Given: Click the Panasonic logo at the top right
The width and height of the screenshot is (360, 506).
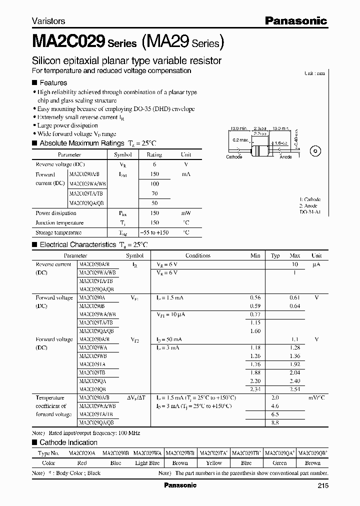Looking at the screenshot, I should (x=295, y=20).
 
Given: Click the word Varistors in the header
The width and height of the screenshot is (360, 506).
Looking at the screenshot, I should (x=48, y=21).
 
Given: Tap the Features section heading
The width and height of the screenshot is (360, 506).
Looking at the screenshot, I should (x=53, y=82).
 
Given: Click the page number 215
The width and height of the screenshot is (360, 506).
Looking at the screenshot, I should (x=322, y=485).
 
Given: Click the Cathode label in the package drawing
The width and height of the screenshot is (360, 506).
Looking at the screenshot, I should (x=234, y=157).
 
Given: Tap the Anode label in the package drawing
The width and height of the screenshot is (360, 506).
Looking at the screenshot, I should (x=285, y=157).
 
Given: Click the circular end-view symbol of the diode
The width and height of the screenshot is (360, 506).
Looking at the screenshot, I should (x=315, y=151).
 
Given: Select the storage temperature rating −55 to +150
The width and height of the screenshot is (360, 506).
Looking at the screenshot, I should (x=154, y=232).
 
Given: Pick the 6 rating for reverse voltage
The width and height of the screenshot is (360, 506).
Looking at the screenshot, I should (x=154, y=164).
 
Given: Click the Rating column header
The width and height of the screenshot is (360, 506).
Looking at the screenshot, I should (x=154, y=155).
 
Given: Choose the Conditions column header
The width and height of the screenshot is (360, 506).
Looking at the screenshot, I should (x=197, y=255).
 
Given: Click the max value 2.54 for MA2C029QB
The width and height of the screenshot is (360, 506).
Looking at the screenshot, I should (x=294, y=389).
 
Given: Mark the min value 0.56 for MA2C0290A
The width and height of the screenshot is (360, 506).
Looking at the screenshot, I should (x=255, y=297).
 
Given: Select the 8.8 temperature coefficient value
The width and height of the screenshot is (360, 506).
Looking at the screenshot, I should (x=275, y=422).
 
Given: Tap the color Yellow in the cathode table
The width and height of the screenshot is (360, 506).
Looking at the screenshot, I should (x=213, y=463).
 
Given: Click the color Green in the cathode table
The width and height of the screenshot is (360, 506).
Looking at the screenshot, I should (x=280, y=463).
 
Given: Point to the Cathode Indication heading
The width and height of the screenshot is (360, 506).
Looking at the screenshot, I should (x=68, y=442).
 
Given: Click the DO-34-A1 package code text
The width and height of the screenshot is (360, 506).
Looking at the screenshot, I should (x=310, y=212).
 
